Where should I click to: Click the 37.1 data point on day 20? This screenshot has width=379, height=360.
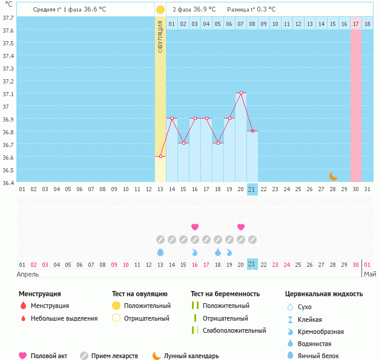pyautogui.click(x=241, y=93)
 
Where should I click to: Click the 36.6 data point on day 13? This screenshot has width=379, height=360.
pyautogui.click(x=160, y=157)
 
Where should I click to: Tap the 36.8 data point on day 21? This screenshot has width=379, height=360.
pyautogui.click(x=252, y=131)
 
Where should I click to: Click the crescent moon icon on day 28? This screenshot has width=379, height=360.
pyautogui.click(x=334, y=176)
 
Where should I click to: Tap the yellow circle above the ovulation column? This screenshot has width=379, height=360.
pyautogui.click(x=160, y=10)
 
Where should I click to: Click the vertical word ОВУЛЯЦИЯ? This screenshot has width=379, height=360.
pyautogui.click(x=160, y=36)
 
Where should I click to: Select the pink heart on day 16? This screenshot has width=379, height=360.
pyautogui.click(x=195, y=227)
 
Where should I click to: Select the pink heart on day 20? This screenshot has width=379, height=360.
pyautogui.click(x=241, y=227)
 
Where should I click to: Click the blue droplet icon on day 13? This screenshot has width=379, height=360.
pyautogui.click(x=160, y=252)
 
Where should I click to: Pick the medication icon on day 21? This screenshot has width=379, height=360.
pyautogui.click(x=252, y=240)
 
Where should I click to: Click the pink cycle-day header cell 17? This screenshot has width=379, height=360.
pyautogui.click(x=356, y=24)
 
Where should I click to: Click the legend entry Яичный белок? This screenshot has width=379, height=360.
pyautogui.click(x=322, y=356)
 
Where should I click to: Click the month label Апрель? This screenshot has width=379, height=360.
pyautogui.click(x=28, y=273)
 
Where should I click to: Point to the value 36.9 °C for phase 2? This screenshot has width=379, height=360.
pyautogui.click(x=204, y=10)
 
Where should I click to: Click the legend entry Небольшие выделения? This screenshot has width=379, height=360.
pyautogui.click(x=64, y=318)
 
